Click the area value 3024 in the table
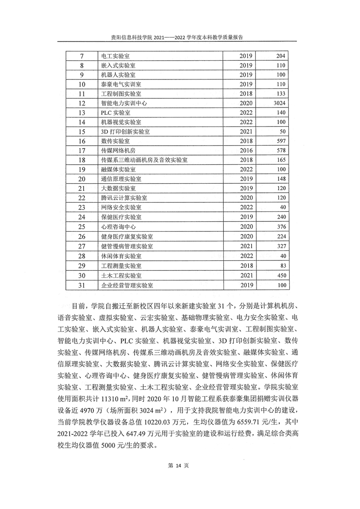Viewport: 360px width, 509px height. [x=276, y=103]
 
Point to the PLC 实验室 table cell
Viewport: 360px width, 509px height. [x=116, y=113]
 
